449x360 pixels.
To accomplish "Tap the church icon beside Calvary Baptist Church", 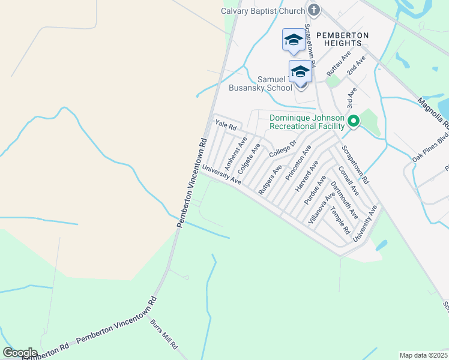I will pos(314,10).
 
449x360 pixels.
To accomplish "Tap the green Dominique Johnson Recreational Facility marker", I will pos(354,122).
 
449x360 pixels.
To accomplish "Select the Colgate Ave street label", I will pos(249,158).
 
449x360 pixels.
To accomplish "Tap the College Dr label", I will pos(283,149).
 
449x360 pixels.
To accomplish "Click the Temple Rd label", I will pos(340,221).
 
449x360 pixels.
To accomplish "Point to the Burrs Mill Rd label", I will pos(164,334).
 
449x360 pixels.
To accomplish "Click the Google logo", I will pos(20,353).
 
